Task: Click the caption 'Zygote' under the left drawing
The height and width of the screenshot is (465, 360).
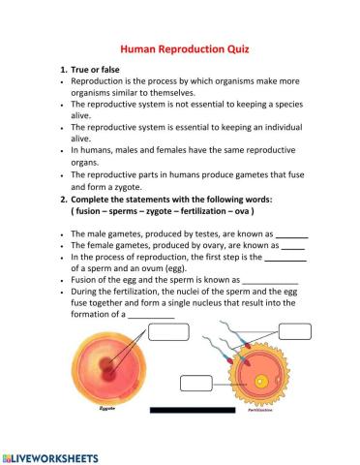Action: click(106, 411)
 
